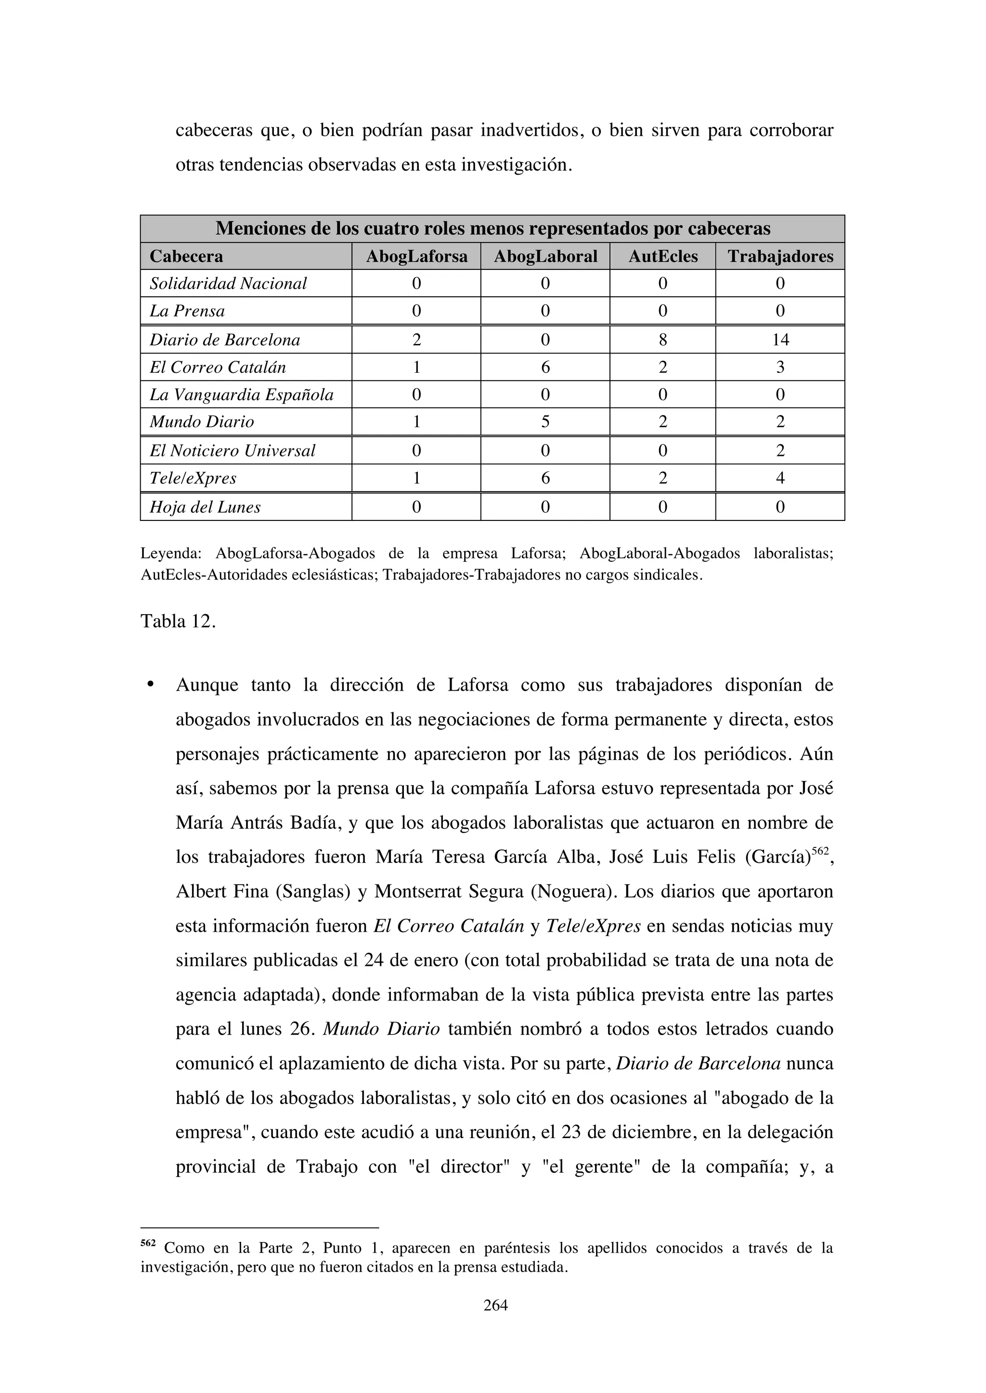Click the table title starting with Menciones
493,229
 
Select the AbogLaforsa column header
416,257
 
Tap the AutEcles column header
662,257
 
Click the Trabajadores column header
780,257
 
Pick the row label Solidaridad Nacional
228,284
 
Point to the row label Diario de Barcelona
225,340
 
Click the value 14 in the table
780,340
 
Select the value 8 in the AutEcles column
662,340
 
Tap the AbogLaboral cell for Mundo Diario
545,422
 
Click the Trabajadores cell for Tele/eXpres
780,478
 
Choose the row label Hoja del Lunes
205,507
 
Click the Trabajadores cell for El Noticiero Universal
780,451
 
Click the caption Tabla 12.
178,622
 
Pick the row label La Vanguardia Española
242,395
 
